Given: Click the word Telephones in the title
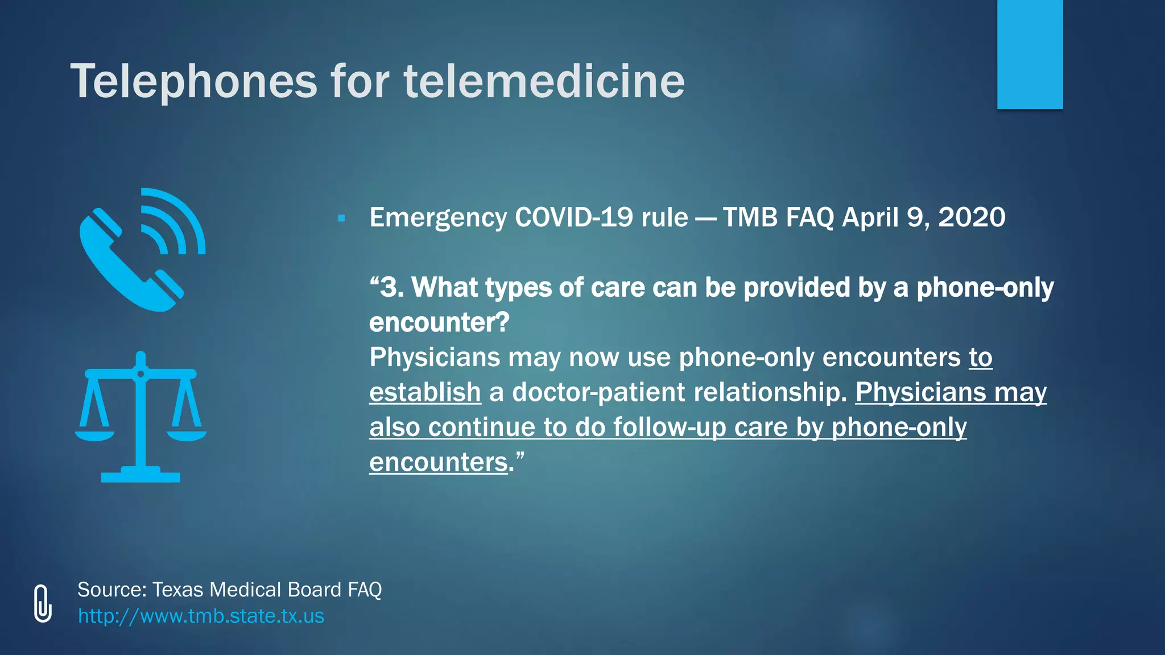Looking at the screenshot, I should pos(193,81).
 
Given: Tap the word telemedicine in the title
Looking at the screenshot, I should pos(544,81).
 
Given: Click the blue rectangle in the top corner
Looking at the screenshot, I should pos(1030,54).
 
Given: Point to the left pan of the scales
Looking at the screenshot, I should pos(94,435).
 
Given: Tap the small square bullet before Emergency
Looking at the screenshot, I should pos(341,218).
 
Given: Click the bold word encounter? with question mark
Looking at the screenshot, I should pos(439,323).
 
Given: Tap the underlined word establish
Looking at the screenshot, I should pos(425,392).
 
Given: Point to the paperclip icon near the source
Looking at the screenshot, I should pos(43,603).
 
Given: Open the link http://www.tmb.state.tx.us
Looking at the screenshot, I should pos(201,616).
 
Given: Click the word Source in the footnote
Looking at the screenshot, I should pos(112,590).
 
